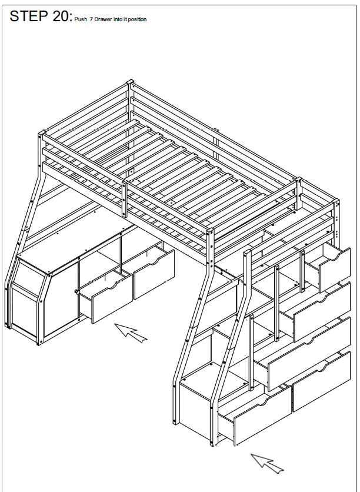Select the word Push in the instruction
pyautogui.click(x=80, y=19)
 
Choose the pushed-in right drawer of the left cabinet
pyautogui.click(x=154, y=274)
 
